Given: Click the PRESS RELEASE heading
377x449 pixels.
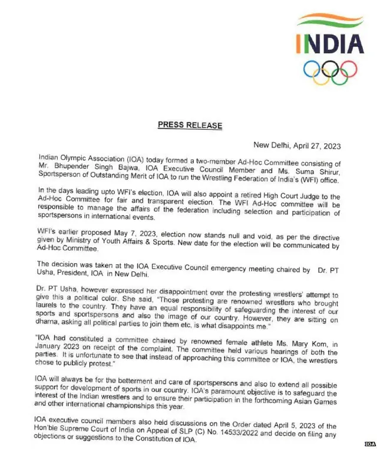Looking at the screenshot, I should point(190,125).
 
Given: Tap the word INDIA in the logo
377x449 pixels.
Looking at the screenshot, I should point(330,43).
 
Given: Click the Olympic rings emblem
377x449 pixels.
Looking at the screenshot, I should point(330,71).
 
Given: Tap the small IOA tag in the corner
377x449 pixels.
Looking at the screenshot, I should point(369,444).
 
